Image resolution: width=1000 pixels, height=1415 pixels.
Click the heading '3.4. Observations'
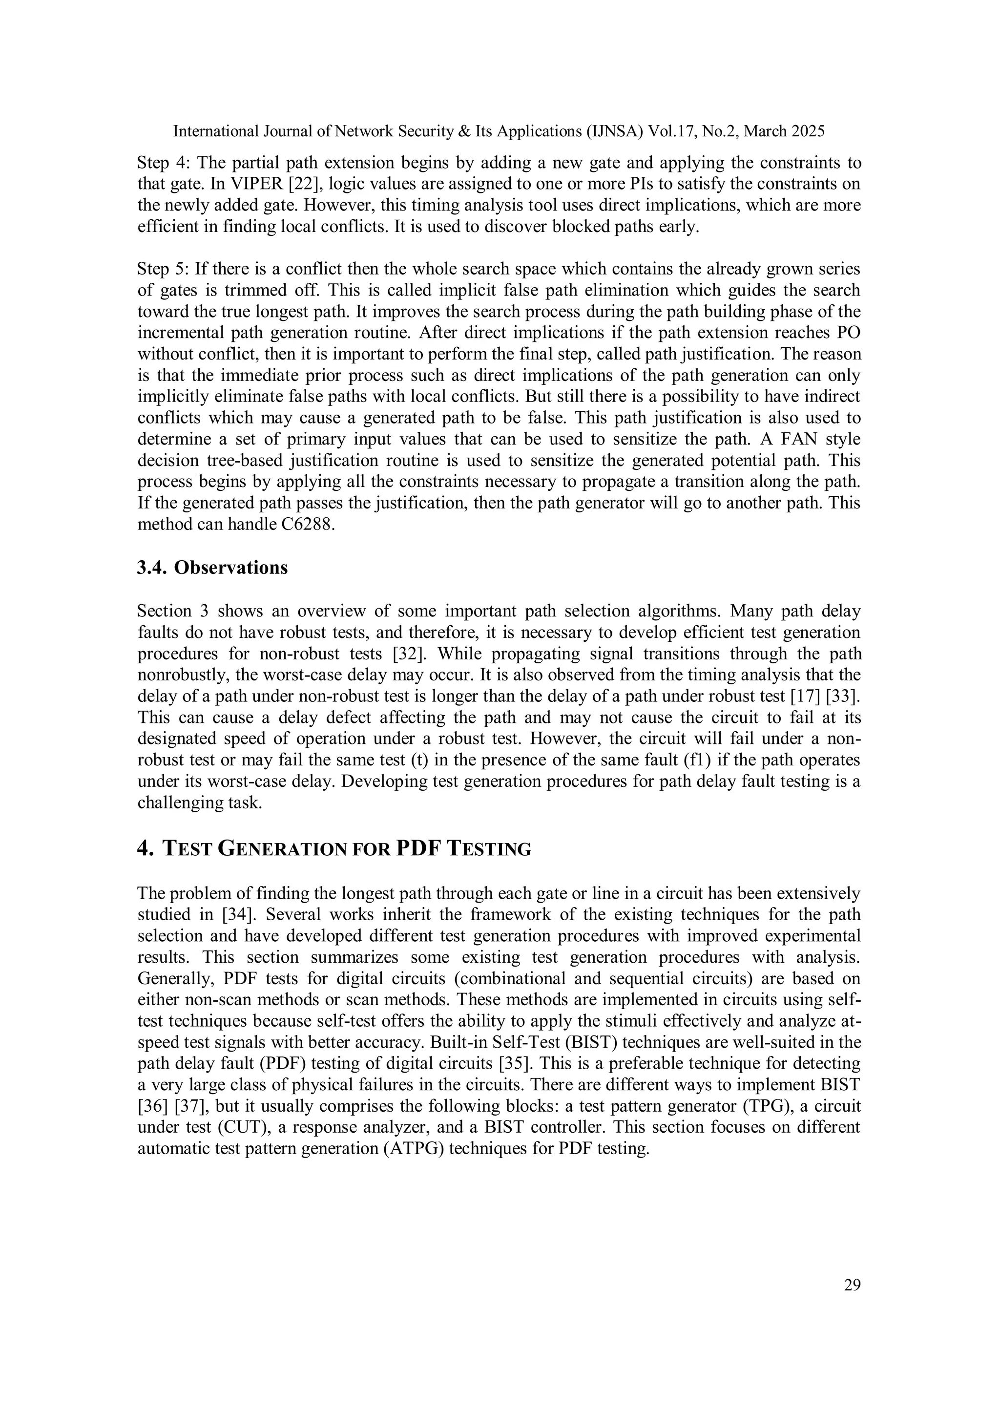click(212, 568)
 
